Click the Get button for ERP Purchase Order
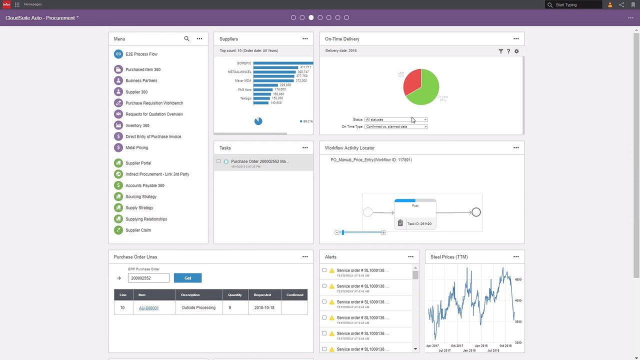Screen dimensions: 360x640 click(x=187, y=278)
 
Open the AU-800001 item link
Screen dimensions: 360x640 click(x=148, y=308)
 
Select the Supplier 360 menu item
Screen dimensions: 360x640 click(x=136, y=92)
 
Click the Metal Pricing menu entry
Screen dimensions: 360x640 click(x=136, y=147)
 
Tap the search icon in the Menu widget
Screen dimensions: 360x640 click(x=186, y=38)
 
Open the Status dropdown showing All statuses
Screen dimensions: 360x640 click(x=395, y=119)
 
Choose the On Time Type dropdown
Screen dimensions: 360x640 click(x=395, y=126)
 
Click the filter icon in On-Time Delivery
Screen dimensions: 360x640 click(x=500, y=51)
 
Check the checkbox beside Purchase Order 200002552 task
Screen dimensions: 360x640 click(x=218, y=161)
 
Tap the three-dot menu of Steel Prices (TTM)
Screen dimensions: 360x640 click(x=516, y=256)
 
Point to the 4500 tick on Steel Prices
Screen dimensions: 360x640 click(x=518, y=279)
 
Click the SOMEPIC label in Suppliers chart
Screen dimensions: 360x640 click(x=244, y=63)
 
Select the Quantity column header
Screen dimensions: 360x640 click(x=235, y=295)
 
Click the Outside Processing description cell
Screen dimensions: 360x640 click(x=198, y=308)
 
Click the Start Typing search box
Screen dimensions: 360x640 click(x=577, y=5)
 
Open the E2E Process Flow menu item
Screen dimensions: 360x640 click(x=141, y=54)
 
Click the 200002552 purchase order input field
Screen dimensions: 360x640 click(x=148, y=278)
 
